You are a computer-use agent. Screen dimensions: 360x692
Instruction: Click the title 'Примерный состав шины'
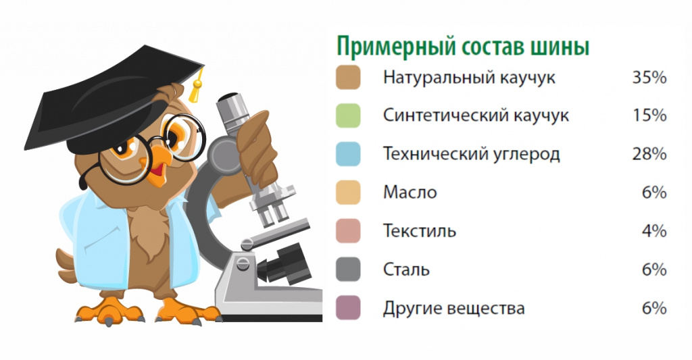(x=463, y=47)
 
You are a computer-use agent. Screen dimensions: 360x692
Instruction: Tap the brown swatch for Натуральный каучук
(x=348, y=78)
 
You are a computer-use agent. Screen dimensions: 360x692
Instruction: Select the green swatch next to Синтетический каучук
(x=348, y=115)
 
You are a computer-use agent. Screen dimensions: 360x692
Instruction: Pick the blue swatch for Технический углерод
(x=348, y=154)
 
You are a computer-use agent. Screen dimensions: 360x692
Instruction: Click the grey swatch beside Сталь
(x=348, y=269)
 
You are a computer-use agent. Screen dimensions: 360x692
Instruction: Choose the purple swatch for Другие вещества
(x=348, y=308)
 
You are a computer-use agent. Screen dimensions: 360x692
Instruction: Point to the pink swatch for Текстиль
(x=348, y=231)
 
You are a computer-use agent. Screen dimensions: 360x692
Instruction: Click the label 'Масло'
(x=410, y=192)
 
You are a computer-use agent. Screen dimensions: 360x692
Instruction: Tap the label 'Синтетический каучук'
(x=476, y=115)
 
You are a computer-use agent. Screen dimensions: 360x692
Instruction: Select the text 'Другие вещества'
(x=453, y=309)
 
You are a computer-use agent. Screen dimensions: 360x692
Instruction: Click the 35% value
(x=649, y=78)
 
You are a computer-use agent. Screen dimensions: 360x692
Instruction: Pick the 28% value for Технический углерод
(x=649, y=154)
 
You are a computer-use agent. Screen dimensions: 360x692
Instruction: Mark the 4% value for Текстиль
(x=653, y=231)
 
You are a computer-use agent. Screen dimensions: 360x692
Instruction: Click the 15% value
(x=649, y=115)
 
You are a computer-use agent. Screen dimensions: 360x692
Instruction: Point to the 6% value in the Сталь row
(x=653, y=269)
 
